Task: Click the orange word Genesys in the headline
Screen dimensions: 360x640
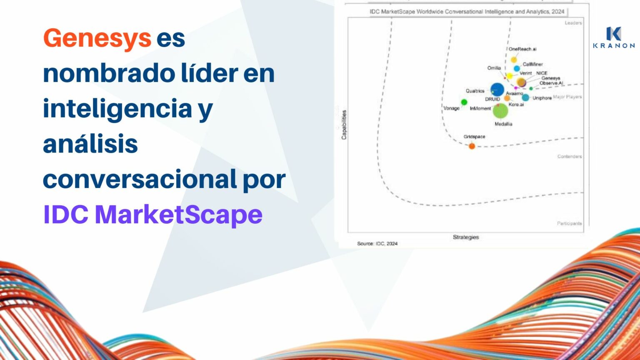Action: coord(97,38)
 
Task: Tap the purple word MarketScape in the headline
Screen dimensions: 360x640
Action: coord(179,215)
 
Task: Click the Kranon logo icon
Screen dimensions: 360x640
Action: coord(613,34)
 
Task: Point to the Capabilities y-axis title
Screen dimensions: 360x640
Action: coord(344,125)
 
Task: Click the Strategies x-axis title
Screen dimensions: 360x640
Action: coord(466,237)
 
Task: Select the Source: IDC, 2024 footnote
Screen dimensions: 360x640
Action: coord(377,243)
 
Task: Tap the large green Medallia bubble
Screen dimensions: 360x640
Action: coord(500,111)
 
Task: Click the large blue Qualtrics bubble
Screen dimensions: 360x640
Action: coord(497,90)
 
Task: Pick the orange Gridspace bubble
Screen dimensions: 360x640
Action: coord(472,146)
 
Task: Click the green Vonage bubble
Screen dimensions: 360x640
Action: coord(464,102)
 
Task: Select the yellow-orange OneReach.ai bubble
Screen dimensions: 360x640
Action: coord(514,60)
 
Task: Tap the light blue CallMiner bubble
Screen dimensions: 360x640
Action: coord(517,69)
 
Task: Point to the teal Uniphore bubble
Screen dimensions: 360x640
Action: coord(525,97)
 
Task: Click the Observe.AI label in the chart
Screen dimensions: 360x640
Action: coord(551,83)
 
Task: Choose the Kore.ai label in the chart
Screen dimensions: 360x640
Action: coord(516,104)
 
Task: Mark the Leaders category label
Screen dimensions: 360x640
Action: coord(573,23)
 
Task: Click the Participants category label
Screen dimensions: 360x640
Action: coord(569,224)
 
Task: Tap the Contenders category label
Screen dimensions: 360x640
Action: coord(570,157)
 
